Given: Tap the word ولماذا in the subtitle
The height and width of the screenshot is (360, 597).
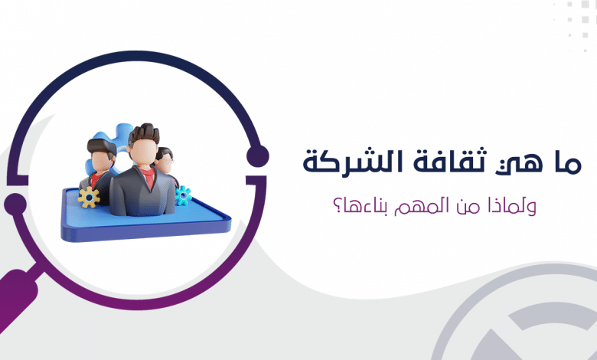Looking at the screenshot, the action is [514, 205].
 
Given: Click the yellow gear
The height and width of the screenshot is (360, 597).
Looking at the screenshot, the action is [89, 197].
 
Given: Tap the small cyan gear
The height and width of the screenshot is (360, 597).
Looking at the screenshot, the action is [183, 195].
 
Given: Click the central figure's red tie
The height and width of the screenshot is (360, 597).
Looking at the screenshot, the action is [149, 178].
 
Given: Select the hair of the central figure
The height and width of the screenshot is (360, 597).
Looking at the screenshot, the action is [144, 133].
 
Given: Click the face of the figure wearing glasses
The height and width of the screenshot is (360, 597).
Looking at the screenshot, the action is [165, 165].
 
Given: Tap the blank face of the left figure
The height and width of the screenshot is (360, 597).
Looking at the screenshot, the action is [101, 162].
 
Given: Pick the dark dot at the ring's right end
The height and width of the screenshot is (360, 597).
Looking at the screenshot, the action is [257, 156].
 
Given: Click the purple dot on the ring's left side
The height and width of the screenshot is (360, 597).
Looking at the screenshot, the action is [15, 204].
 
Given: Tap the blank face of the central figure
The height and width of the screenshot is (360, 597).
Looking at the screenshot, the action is [144, 152].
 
